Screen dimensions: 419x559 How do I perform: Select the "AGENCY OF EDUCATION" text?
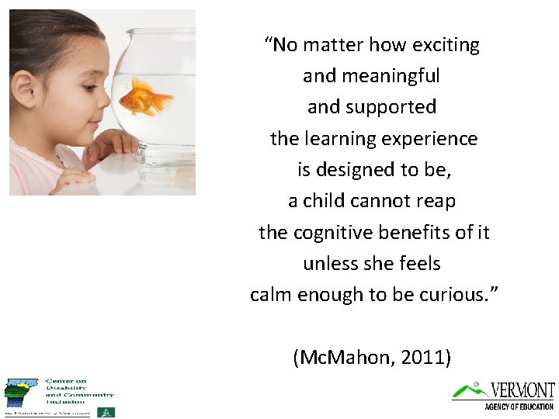pyautogui.click(x=519, y=407)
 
